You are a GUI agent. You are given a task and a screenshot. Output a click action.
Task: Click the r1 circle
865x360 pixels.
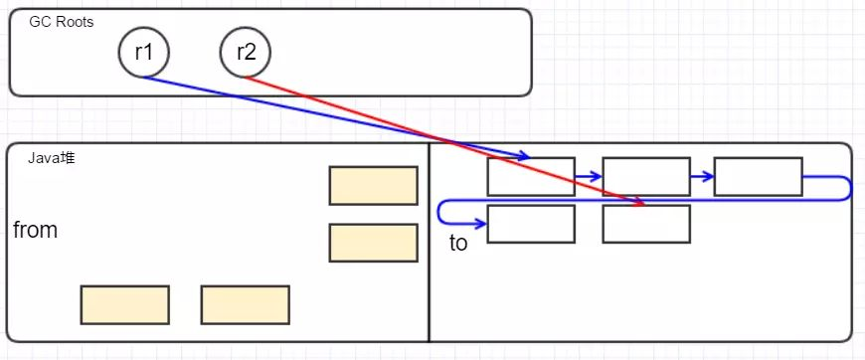143,52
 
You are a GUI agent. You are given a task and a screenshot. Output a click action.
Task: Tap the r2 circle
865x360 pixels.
246,52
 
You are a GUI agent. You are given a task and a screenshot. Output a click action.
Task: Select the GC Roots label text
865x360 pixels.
62,22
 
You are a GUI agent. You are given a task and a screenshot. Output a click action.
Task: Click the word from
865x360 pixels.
35,231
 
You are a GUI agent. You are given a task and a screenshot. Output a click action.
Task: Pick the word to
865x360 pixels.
458,244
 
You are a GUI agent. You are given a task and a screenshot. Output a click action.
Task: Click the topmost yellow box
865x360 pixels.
373,186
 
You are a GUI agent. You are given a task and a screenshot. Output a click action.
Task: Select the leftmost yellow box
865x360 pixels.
125,305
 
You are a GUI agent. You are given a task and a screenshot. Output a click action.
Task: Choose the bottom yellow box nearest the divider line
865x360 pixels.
245,305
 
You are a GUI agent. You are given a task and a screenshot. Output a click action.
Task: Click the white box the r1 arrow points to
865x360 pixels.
531,176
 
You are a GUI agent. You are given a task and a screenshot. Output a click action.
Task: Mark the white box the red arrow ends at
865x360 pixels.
646,224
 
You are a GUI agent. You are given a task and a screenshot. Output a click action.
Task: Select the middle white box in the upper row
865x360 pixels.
646,176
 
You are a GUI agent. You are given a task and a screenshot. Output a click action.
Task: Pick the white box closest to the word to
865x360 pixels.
531,224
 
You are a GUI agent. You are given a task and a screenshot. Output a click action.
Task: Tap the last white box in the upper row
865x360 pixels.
758,176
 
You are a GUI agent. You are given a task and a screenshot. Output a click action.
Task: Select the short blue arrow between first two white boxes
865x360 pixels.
589,176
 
